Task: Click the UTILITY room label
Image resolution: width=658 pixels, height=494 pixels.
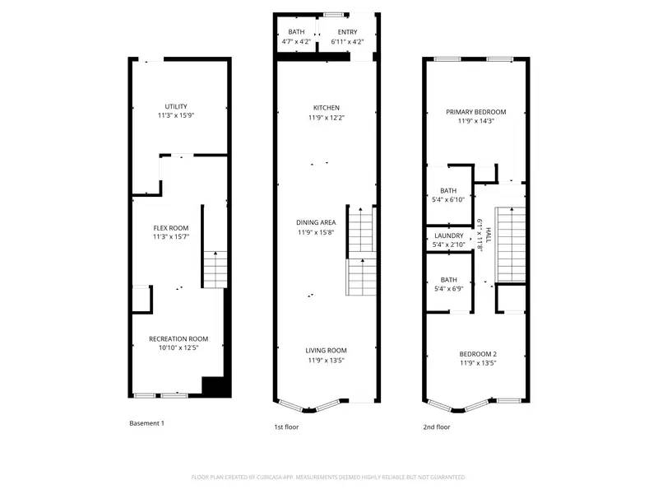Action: tap(175, 106)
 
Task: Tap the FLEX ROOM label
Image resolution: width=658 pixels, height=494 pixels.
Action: tap(171, 228)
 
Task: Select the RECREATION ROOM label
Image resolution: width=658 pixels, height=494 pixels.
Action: tap(178, 338)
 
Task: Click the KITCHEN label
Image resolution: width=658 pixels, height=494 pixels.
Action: tap(326, 108)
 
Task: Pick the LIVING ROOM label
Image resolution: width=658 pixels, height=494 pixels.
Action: tap(326, 350)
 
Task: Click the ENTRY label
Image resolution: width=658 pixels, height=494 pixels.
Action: tap(347, 31)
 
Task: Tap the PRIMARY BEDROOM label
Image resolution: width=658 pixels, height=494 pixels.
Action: tap(475, 112)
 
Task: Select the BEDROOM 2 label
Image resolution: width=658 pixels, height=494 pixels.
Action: tap(478, 354)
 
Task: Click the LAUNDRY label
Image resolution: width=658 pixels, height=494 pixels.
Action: tap(449, 236)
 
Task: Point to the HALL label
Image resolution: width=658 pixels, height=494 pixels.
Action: tap(488, 235)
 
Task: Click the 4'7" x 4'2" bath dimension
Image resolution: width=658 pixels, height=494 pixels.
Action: tap(296, 41)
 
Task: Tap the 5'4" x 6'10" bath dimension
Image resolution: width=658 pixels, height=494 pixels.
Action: tap(448, 199)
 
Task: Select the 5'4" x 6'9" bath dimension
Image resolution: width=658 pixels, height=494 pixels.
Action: tap(448, 289)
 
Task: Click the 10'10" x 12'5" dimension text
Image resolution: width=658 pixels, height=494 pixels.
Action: tap(178, 347)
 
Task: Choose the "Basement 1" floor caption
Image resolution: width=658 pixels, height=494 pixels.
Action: tap(147, 423)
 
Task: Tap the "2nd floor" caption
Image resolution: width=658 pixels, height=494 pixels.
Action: tap(437, 427)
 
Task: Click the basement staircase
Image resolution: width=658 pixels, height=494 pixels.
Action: tap(215, 268)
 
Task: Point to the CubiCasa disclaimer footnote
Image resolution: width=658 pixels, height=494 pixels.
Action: tap(328, 478)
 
